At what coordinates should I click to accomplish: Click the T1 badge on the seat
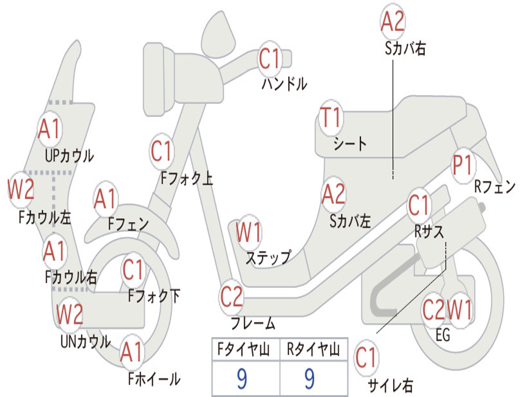pyautogui.click(x=331, y=118)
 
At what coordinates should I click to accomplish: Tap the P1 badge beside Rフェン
pyautogui.click(x=463, y=165)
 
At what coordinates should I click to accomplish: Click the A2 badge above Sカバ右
pyautogui.click(x=393, y=21)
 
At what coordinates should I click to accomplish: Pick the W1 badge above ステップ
pyautogui.click(x=248, y=232)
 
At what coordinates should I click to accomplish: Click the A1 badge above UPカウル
pyautogui.click(x=50, y=129)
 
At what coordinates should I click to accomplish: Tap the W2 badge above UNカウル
pyautogui.click(x=70, y=314)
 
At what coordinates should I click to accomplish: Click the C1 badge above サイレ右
pyautogui.click(x=366, y=358)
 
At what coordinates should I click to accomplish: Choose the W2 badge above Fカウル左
pyautogui.click(x=21, y=189)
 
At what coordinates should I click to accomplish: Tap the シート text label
pyautogui.click(x=350, y=144)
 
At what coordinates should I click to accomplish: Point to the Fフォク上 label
pyautogui.click(x=186, y=178)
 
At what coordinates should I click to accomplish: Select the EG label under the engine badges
pyautogui.click(x=443, y=335)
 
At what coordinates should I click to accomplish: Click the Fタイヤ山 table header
pyautogui.click(x=244, y=349)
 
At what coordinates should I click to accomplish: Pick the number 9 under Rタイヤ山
pyautogui.click(x=310, y=379)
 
